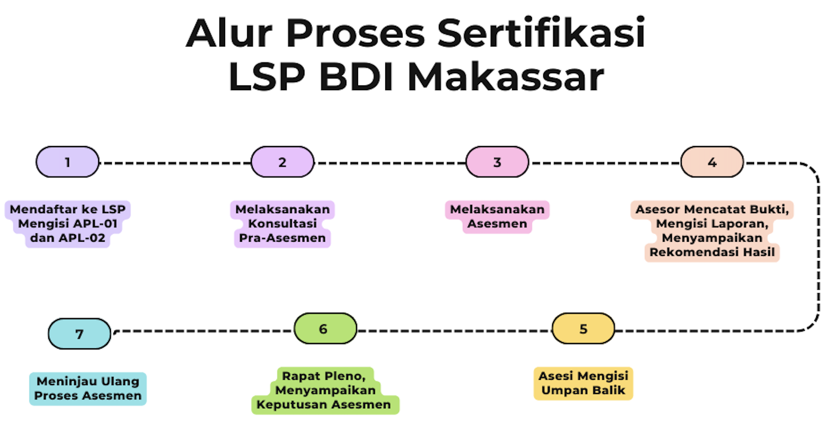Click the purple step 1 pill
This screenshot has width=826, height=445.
pos(68,162)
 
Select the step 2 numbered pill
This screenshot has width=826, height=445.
pos(282,162)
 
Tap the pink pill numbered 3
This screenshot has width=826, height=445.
pos(497,162)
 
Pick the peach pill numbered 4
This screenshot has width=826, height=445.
pos(712,162)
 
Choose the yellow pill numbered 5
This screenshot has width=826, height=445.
pos(583,329)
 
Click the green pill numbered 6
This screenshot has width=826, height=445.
pos(325,329)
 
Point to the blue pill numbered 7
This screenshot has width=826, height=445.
pos(79,334)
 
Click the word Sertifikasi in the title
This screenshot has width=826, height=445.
pos(541,33)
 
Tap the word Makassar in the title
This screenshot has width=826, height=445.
pos(506,77)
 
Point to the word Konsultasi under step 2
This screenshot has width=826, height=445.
pos(282,223)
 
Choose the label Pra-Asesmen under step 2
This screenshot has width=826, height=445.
pos(282,238)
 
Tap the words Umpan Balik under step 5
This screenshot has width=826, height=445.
pos(583,390)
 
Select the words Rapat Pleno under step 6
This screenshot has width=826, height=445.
pos(324,376)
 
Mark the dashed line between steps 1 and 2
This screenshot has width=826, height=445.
pos(175,163)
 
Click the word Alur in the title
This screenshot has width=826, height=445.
pos(229,33)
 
